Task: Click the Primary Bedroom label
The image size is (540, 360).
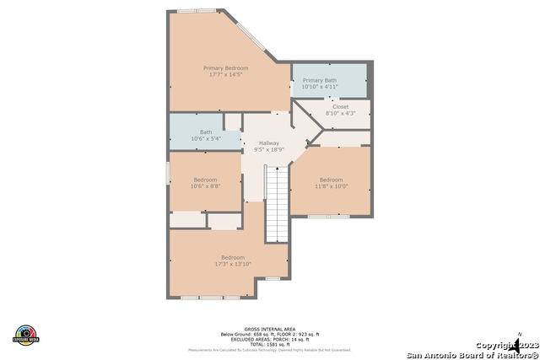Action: pos(225,67)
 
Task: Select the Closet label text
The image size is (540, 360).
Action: pos(340,107)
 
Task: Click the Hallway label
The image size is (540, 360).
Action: pos(269,143)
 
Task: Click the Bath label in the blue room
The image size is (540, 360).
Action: pos(206,132)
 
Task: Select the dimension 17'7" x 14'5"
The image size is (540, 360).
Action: pos(225,75)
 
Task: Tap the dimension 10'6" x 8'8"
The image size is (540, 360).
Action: pos(205,186)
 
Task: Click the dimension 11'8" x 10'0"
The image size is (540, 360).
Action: pos(331,186)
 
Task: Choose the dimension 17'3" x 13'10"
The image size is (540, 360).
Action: pos(233,265)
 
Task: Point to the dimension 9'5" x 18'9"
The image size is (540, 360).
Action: pos(269,150)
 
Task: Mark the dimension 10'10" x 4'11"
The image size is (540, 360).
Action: pos(320,87)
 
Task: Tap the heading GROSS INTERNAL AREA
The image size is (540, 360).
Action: pos(269,330)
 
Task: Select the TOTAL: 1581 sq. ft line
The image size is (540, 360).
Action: pos(269,345)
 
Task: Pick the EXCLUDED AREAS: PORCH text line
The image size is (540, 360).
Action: pos(269,340)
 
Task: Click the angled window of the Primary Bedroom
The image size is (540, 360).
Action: pos(254,36)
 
